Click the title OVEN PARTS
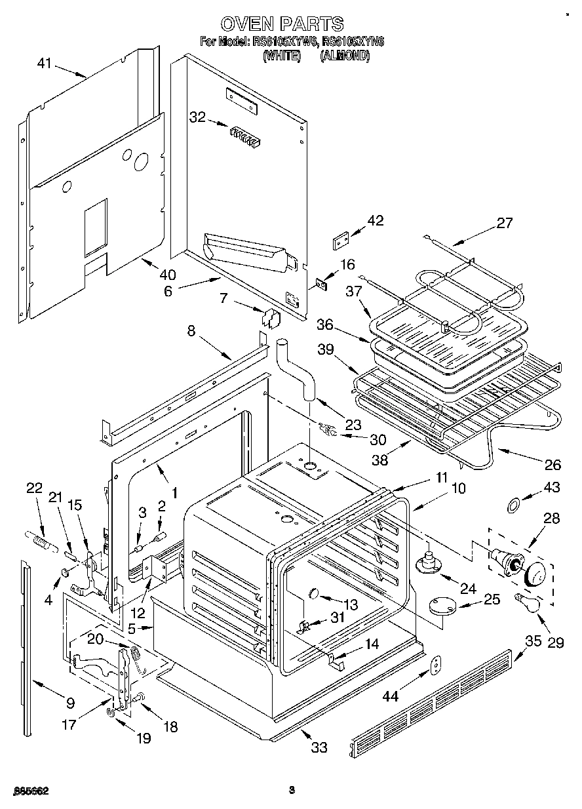[282, 24]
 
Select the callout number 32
[197, 117]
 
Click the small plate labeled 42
[339, 241]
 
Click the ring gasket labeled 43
[515, 504]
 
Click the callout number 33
[319, 747]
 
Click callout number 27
[504, 222]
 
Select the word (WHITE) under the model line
[282, 56]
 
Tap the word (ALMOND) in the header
[344, 56]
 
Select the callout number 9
[70, 704]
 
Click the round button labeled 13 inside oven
[313, 594]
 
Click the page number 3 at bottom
[292, 790]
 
